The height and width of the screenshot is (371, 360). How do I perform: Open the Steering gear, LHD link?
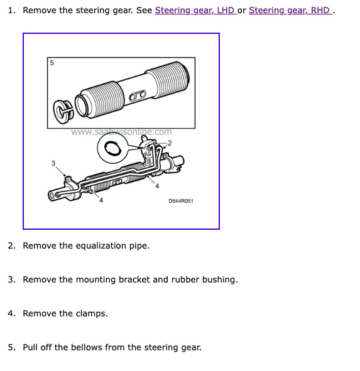coord(196,11)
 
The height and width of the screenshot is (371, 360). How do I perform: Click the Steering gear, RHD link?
coord(290,11)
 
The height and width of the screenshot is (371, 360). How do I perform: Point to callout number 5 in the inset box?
coord(52,63)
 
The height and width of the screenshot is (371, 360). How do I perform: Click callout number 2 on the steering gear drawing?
coord(170,143)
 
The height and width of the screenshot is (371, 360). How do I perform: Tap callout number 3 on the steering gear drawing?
coord(53,163)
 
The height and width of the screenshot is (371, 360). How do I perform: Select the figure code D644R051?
coord(181,201)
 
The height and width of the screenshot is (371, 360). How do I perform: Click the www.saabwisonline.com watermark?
coord(121,132)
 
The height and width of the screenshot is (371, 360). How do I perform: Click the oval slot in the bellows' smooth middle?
coord(138,95)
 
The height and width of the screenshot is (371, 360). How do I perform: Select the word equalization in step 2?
coord(102,246)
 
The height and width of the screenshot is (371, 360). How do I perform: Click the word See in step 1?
coord(144,11)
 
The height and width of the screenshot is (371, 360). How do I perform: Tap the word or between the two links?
coord(243,11)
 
